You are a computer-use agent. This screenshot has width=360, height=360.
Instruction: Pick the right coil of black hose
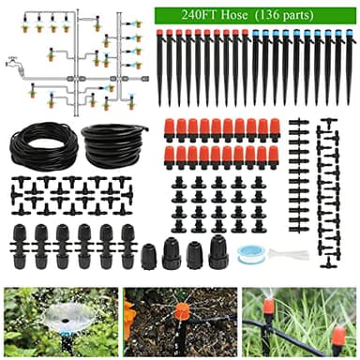113,145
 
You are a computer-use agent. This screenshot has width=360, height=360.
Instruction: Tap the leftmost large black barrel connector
21,247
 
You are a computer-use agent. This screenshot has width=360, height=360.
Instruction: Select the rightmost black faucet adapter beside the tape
217,251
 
